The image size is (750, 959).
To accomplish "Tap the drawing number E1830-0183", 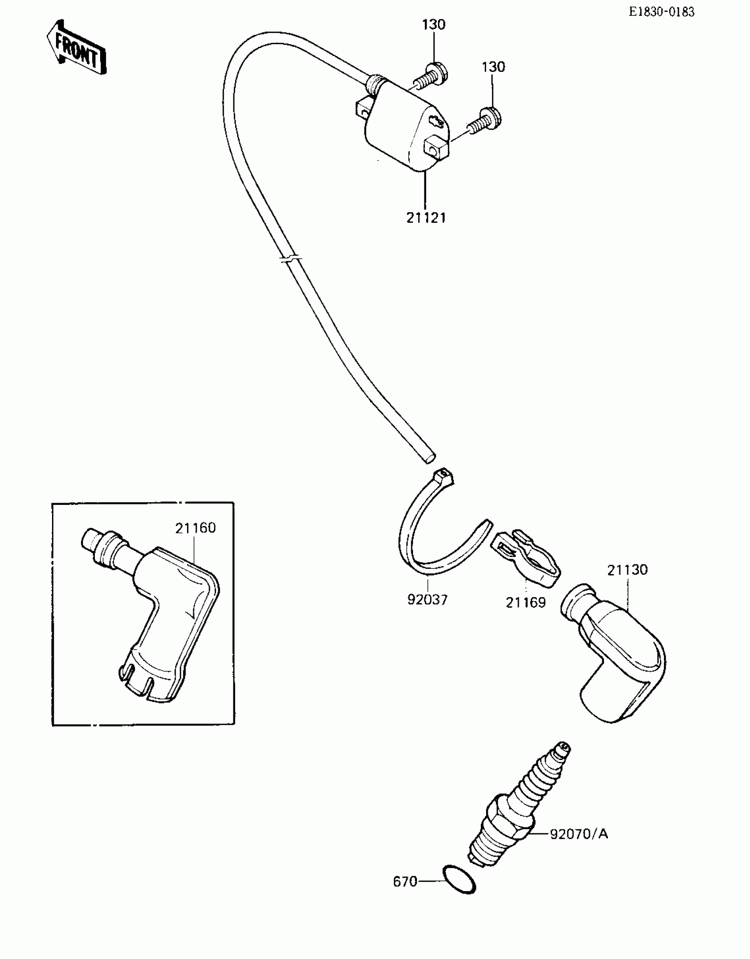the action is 661,12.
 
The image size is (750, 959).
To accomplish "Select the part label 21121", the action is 426,218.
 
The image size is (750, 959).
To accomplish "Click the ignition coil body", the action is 401,128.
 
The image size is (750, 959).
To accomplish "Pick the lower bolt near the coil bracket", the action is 485,120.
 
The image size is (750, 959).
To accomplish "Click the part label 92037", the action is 427,600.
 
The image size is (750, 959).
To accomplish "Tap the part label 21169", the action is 525,602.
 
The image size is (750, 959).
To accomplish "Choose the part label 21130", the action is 627,570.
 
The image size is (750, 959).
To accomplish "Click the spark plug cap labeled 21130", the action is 618,653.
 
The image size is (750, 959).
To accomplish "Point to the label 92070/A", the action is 579,834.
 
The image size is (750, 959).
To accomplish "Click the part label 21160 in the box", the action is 195,528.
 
